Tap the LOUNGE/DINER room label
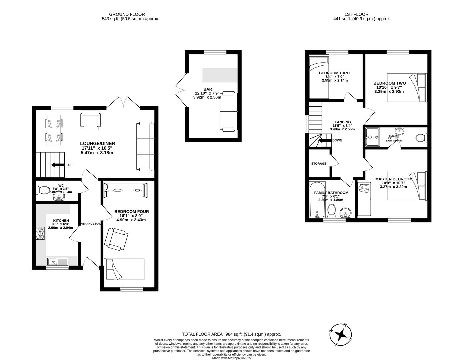[x=98, y=143]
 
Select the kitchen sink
[x=58, y=261]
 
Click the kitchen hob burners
[x=40, y=233]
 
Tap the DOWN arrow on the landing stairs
[x=324, y=140]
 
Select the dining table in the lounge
[x=54, y=130]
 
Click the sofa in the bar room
[x=228, y=111]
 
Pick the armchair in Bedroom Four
[x=116, y=239]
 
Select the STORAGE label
[x=319, y=164]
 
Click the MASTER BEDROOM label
[x=394, y=179]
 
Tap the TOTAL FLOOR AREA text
[x=231, y=334]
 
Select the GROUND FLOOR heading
[x=127, y=14]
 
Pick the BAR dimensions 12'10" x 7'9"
[x=207, y=93]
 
